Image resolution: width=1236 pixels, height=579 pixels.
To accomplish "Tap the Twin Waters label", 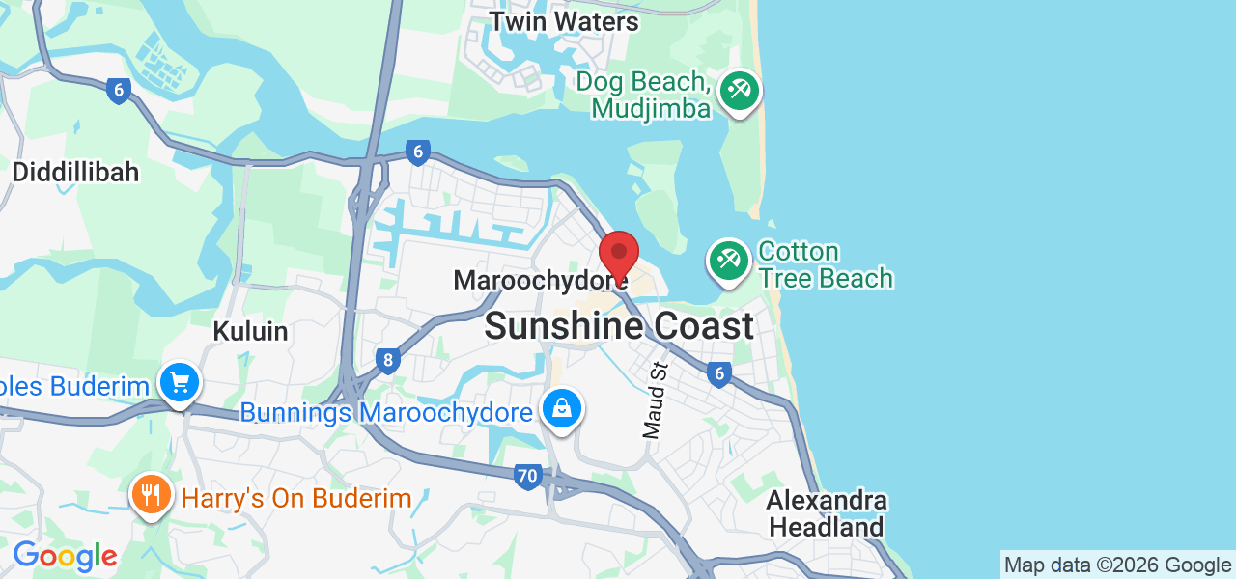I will point(564,21).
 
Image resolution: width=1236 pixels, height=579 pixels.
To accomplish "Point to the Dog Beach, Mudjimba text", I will point(644,95).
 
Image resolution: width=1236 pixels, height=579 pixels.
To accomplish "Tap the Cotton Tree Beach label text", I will point(825,265).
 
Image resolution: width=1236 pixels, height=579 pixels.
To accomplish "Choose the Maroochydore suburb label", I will point(535,281).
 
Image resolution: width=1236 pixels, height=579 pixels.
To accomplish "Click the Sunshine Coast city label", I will point(618,326).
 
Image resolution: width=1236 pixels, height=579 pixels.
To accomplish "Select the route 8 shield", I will point(388,362).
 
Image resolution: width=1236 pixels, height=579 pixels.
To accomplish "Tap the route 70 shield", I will point(527,476).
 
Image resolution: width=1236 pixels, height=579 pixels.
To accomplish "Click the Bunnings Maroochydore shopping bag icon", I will point(563,409).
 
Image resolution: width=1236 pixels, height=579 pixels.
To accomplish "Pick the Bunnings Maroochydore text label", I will point(386,413).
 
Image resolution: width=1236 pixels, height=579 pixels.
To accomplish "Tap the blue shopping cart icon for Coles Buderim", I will point(179,383).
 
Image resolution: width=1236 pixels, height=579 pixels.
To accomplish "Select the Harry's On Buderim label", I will point(296,499).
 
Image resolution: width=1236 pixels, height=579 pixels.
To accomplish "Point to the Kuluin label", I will point(250,331).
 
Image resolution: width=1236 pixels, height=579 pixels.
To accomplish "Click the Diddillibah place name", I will point(75,173).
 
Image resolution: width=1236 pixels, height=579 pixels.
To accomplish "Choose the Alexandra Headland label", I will point(827,514).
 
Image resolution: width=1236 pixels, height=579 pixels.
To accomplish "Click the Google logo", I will point(65,556).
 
